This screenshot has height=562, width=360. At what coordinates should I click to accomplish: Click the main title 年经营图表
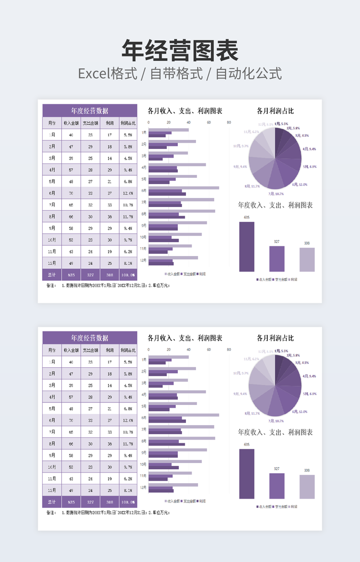pos(180,50)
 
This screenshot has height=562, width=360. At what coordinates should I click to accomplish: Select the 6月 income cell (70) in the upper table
pos(71,193)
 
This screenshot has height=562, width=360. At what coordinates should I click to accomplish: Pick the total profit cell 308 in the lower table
pos(109,502)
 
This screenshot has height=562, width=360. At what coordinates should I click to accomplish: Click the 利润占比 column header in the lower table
pos(128,350)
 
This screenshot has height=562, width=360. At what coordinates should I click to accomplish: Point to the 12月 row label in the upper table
pos(52,263)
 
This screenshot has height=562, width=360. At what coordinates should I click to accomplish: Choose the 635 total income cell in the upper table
pos(71,275)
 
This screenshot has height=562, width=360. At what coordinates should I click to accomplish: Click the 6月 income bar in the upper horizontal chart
pos(184,188)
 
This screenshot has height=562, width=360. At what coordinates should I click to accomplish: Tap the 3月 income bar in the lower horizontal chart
pos(168,380)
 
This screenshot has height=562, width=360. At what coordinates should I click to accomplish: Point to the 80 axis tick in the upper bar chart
pos(229,122)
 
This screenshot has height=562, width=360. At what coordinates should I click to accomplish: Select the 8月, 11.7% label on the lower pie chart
pos(252,414)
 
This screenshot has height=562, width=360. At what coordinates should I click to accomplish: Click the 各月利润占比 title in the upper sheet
pos(275,111)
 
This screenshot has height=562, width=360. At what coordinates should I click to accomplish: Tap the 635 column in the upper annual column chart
pos(247,247)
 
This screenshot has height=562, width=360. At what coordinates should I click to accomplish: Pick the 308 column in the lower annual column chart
pos(307,486)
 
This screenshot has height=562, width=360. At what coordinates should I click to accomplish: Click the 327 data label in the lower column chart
pos(276,468)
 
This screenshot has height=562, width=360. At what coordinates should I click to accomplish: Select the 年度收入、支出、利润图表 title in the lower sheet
pos(275,432)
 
